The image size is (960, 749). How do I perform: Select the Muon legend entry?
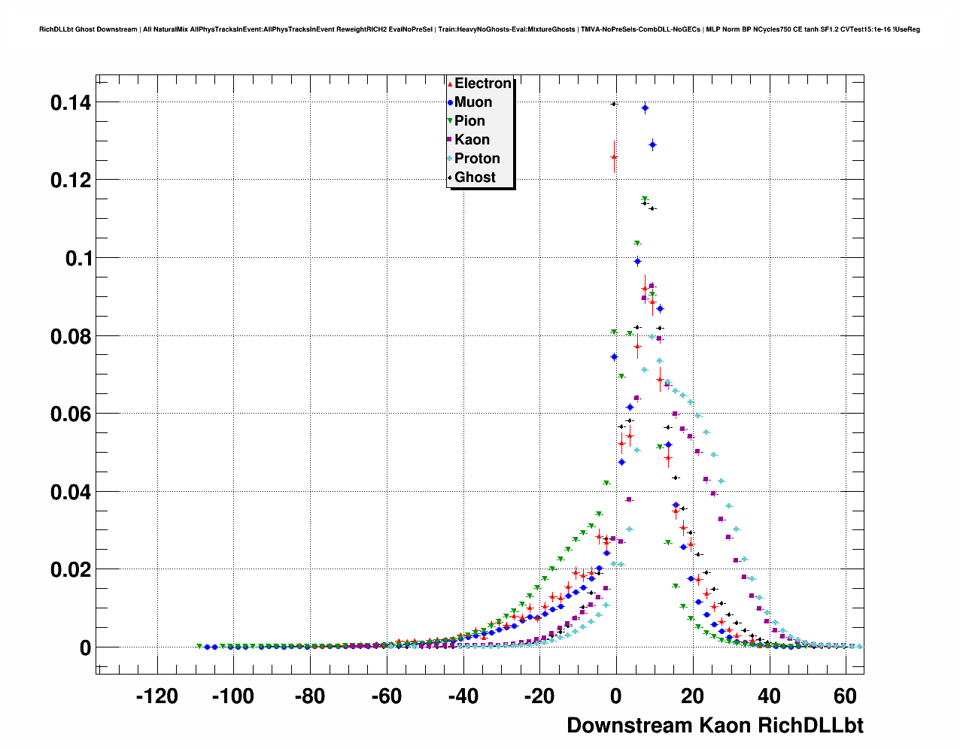(x=472, y=102)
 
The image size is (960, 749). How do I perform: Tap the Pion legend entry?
(x=469, y=121)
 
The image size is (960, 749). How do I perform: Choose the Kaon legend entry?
(x=471, y=140)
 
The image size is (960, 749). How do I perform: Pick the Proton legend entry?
(x=476, y=159)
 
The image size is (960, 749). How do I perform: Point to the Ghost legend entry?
(x=474, y=177)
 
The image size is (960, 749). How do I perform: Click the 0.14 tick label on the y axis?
(x=71, y=102)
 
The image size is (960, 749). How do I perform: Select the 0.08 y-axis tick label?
(x=71, y=336)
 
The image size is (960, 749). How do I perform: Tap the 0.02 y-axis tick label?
(x=71, y=570)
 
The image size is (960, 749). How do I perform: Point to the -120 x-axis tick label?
(x=156, y=696)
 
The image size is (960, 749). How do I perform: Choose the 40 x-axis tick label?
(x=769, y=696)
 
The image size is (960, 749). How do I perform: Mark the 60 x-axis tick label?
(x=846, y=696)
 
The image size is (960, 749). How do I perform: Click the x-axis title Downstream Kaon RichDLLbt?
(x=715, y=725)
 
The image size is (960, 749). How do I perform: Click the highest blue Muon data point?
(x=645, y=108)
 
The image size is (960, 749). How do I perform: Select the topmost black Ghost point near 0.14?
(x=614, y=104)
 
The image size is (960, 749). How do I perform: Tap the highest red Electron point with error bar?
(x=614, y=157)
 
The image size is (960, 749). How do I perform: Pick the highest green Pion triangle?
(x=645, y=199)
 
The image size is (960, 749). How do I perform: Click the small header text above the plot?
(x=479, y=29)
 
